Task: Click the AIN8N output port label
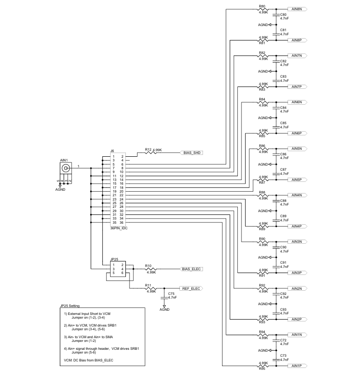click(x=297, y=9)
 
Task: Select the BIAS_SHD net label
click(x=192, y=153)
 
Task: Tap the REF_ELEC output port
click(x=191, y=288)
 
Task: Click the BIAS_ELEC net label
click(x=191, y=269)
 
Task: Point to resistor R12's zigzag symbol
click(x=151, y=153)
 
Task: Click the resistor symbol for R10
click(x=151, y=269)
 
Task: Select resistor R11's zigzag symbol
click(x=151, y=288)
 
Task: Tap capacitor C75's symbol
click(x=164, y=298)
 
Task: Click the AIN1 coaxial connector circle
click(x=65, y=168)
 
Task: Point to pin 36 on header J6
click(x=122, y=222)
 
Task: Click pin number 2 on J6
click(x=123, y=156)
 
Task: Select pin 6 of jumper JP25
click(x=123, y=273)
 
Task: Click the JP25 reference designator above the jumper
click(x=114, y=259)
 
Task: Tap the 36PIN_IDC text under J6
click(x=119, y=228)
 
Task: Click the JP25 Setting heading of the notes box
click(x=70, y=306)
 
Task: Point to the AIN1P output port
click(x=297, y=366)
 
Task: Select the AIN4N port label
click(x=297, y=195)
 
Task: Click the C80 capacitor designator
click(x=283, y=14)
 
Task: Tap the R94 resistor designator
click(x=262, y=332)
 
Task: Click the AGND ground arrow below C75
click(x=164, y=306)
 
